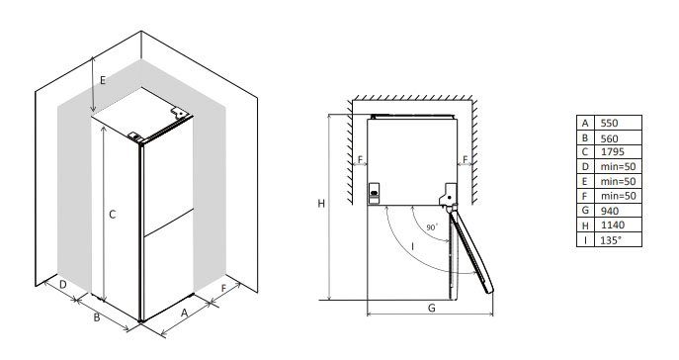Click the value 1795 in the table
613,151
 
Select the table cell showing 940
610,211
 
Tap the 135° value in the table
611,240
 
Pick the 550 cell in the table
609,123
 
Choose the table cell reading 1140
613,225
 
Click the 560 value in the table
609,138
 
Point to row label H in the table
585,225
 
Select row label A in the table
585,124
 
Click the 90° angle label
432,227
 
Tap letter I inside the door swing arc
413,246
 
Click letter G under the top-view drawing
431,308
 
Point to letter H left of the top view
321,203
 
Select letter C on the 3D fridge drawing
112,215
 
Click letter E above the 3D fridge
103,80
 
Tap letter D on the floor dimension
63,285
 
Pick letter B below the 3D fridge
97,317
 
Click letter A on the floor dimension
185,313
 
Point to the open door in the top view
471,251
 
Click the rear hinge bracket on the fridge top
179,113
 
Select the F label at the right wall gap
466,160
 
